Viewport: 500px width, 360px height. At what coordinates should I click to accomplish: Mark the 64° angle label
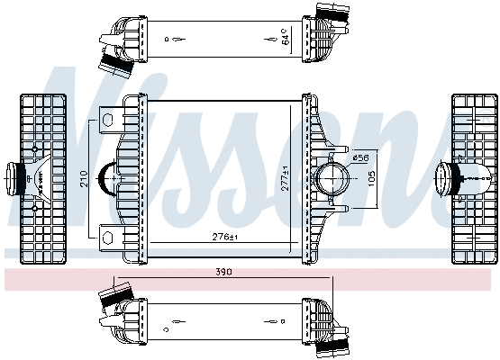(286, 38)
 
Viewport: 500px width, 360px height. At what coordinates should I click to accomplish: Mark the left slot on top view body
(174, 39)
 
